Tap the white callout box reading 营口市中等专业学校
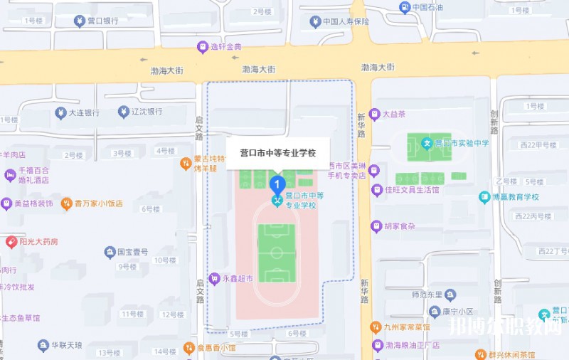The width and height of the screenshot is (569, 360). (278, 153)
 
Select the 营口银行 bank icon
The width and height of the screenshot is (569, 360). (78, 21)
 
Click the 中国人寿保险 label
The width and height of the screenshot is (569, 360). (346, 21)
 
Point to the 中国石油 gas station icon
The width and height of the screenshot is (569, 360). (405, 8)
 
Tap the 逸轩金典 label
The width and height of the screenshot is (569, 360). (226, 47)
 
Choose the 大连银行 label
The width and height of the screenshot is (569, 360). (84, 112)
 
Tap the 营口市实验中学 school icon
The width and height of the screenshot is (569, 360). (427, 143)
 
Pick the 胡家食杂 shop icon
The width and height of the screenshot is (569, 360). (376, 226)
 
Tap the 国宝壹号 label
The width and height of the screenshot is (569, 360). (132, 252)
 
